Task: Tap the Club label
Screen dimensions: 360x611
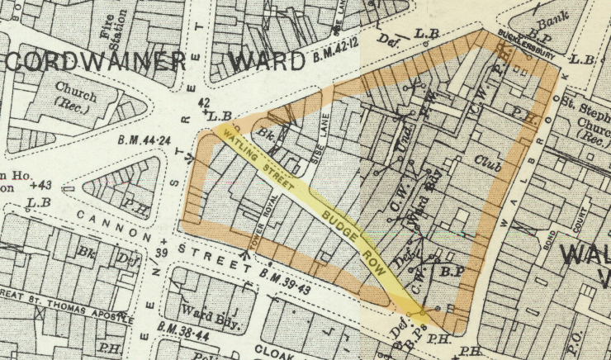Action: tap(488, 163)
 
